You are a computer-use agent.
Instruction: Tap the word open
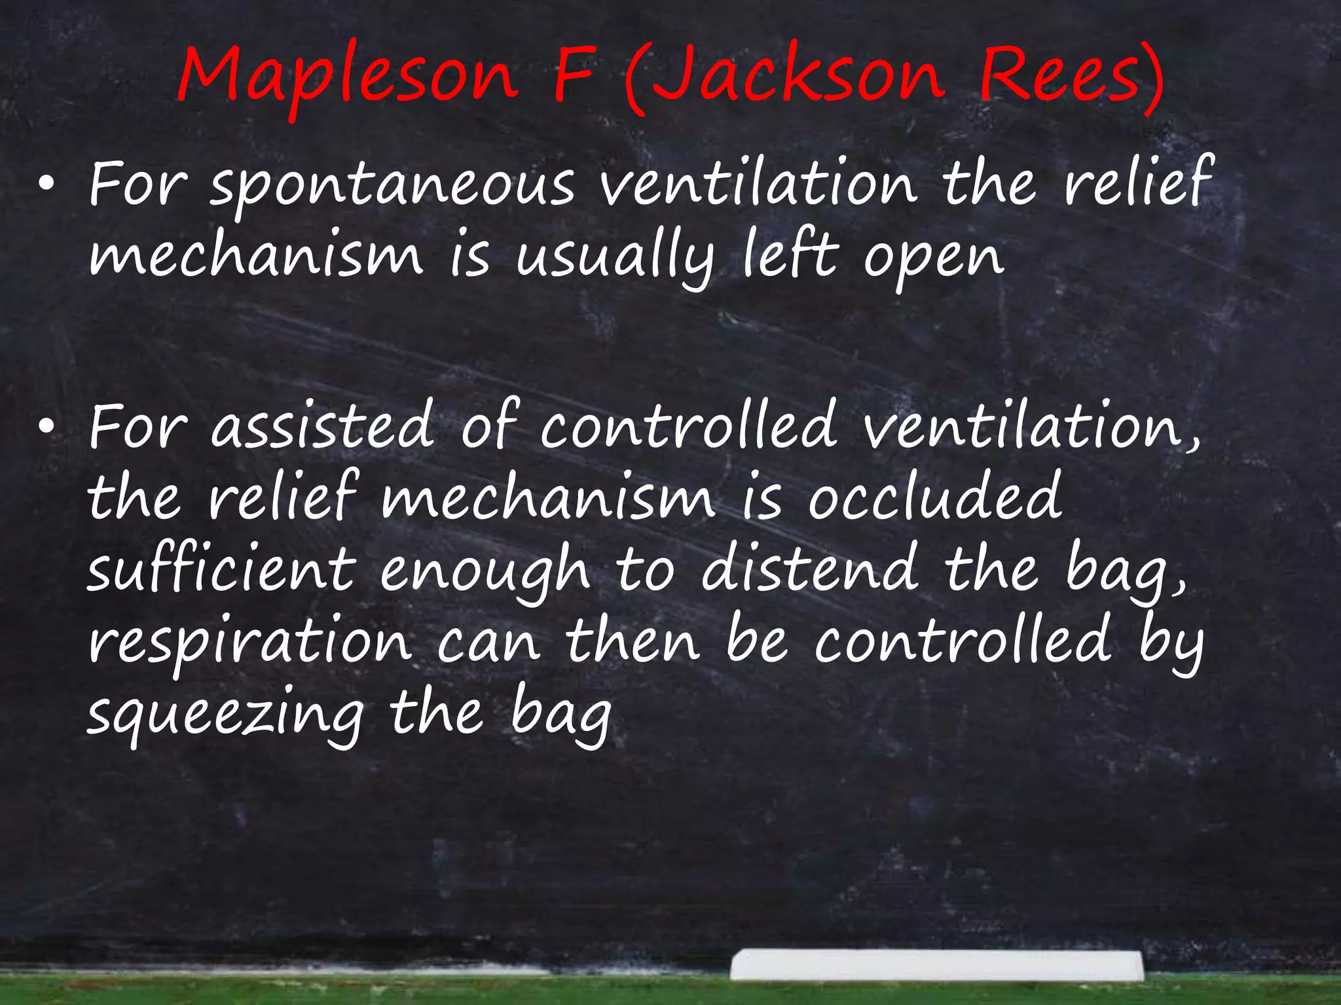tap(933, 258)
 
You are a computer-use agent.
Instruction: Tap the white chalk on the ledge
tap(936, 964)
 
